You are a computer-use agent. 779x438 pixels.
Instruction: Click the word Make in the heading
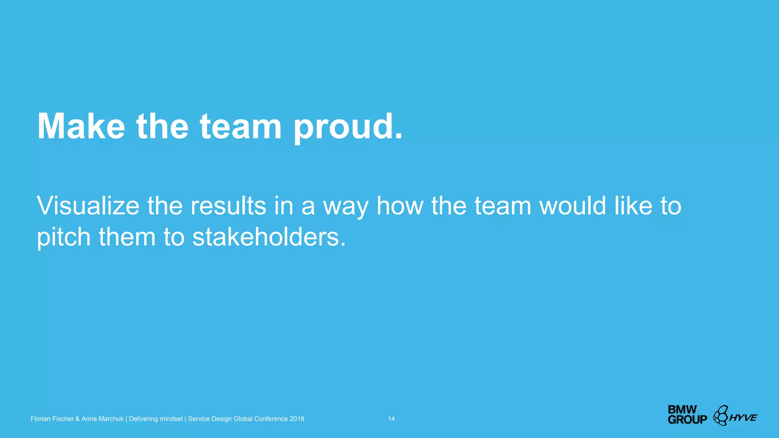(81, 126)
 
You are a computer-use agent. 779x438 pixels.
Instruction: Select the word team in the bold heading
(240, 126)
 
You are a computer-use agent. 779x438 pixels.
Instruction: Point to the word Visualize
(88, 206)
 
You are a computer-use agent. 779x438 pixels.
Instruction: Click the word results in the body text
(228, 206)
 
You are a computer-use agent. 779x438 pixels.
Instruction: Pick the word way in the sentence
(346, 207)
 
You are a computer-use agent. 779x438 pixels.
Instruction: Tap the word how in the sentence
(399, 206)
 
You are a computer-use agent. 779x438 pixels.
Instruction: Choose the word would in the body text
(573, 206)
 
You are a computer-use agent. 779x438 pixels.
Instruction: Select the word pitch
(64, 238)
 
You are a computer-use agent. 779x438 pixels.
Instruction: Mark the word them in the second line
(127, 237)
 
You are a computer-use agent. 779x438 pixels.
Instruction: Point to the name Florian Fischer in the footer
(52, 419)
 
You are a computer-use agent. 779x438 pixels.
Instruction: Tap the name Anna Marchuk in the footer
(102, 419)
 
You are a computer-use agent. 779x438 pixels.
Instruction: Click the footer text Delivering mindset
(156, 419)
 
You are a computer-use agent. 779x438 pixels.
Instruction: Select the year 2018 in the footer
(297, 419)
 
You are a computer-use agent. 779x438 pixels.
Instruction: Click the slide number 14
(391, 419)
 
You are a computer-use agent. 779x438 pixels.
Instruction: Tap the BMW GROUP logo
(687, 415)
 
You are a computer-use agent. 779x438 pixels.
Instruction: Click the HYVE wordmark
(743, 417)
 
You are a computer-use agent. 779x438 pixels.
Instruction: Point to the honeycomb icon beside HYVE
(720, 415)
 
